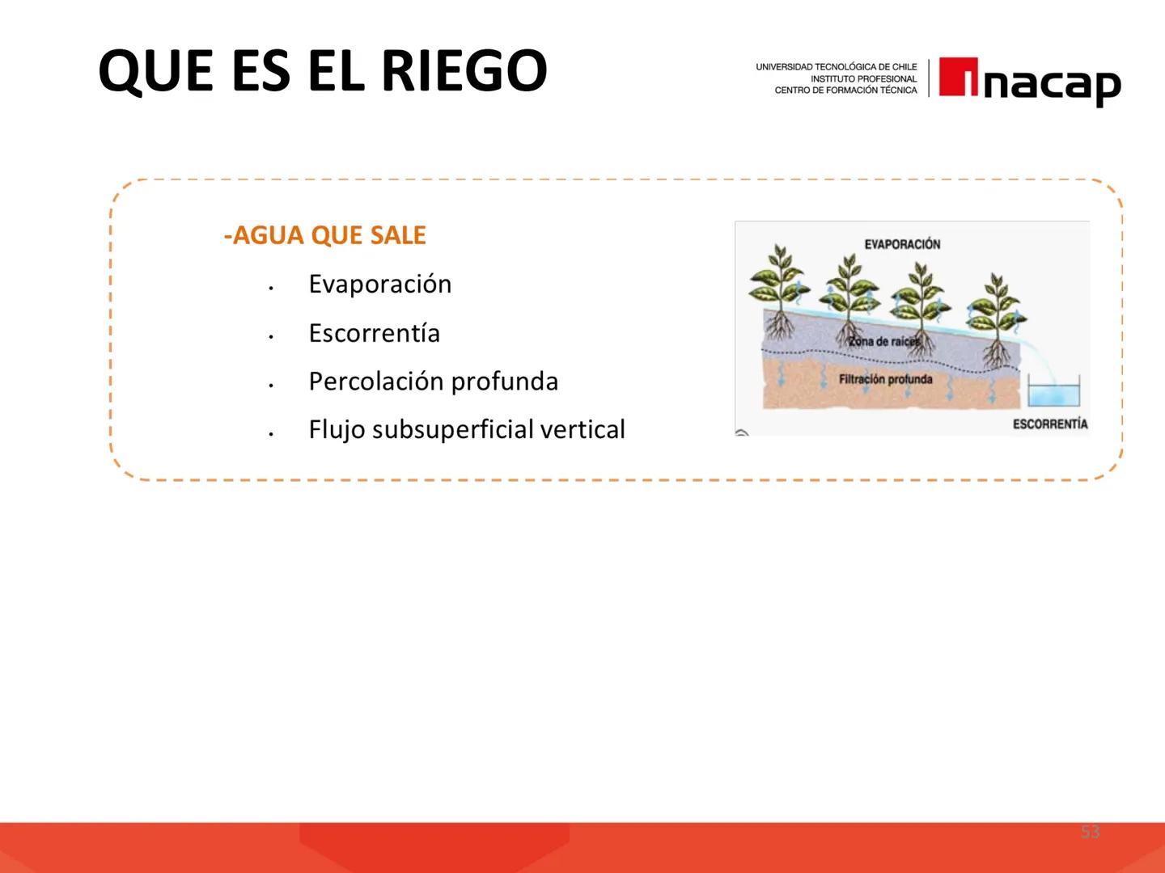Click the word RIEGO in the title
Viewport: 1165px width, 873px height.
(x=464, y=71)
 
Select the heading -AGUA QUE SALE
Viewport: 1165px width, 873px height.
(x=324, y=235)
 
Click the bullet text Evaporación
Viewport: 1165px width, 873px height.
(x=379, y=285)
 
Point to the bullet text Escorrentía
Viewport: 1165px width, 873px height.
(x=374, y=333)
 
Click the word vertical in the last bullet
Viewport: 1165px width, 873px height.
(x=582, y=430)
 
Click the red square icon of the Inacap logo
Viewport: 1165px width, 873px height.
(x=958, y=78)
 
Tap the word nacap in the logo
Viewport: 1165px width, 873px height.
(x=1052, y=83)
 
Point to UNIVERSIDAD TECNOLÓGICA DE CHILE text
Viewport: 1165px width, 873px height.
(x=836, y=67)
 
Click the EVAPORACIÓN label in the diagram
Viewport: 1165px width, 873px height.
(x=902, y=244)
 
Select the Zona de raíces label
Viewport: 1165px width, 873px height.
(x=883, y=341)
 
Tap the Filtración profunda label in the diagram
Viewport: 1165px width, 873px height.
(x=885, y=379)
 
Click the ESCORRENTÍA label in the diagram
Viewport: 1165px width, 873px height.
(x=1049, y=424)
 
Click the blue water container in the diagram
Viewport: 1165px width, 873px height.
(x=1053, y=394)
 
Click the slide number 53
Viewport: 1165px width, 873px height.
(x=1090, y=832)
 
